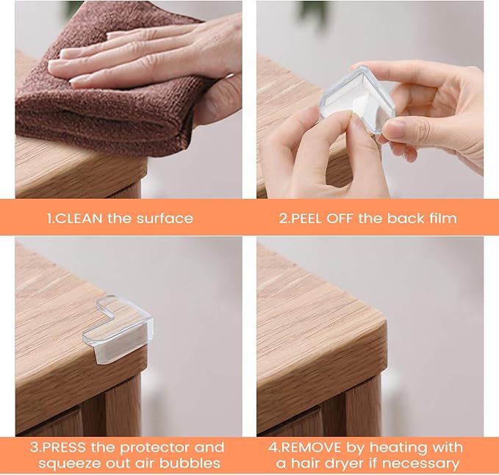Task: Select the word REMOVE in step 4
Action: tap(323, 447)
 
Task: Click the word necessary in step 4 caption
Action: tap(422, 463)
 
